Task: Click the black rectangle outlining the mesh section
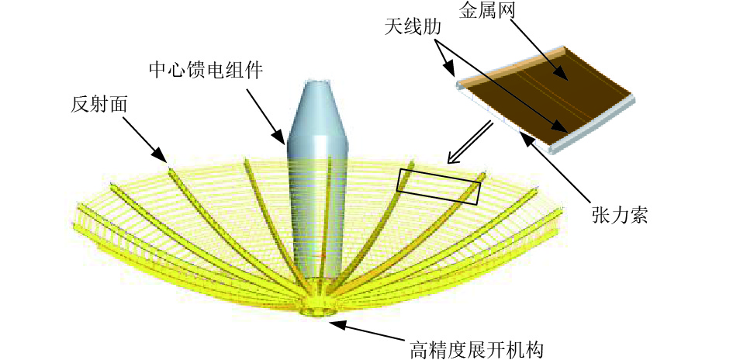[x=438, y=186]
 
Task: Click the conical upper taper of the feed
[x=318, y=109]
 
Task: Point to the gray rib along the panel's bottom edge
[x=594, y=123]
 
